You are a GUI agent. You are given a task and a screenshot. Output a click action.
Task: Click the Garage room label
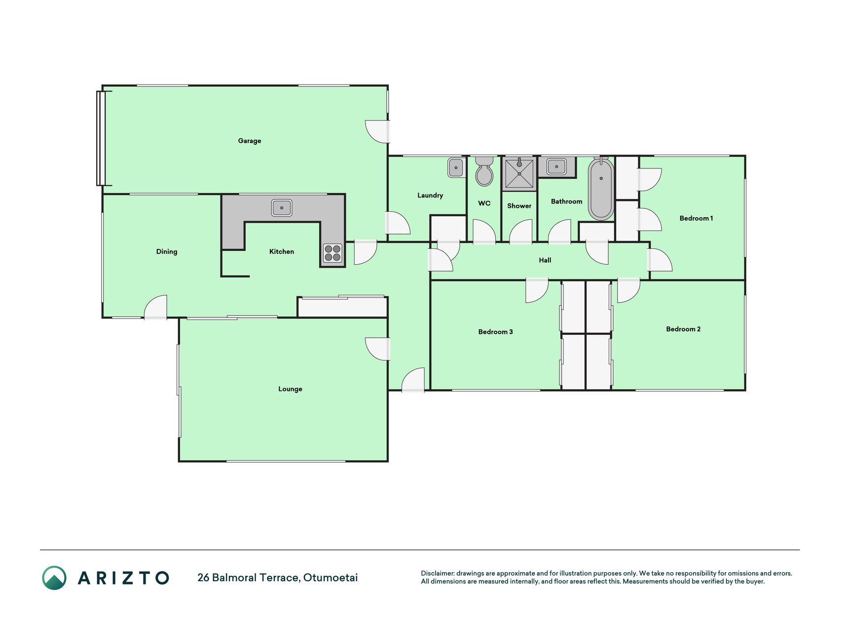[250, 141]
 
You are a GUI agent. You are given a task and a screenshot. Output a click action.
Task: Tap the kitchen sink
[282, 208]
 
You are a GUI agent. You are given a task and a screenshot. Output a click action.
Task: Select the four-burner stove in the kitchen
[332, 253]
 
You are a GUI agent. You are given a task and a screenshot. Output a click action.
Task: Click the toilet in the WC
[484, 171]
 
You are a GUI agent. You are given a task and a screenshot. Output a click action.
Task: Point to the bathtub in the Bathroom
[601, 189]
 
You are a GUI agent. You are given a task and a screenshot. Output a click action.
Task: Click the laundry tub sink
[456, 168]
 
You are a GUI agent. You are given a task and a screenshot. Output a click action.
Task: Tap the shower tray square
[519, 173]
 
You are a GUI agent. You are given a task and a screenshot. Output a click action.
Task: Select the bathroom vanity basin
[557, 167]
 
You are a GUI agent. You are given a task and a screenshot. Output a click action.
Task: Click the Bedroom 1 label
[696, 218]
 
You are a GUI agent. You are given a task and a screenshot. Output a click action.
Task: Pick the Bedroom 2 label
[683, 329]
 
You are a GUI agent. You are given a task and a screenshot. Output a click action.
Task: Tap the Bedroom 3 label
[495, 332]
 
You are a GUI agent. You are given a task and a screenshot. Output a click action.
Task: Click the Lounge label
[290, 389]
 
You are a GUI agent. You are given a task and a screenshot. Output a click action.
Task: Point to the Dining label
[167, 252]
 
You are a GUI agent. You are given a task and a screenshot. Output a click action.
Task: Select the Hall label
[545, 260]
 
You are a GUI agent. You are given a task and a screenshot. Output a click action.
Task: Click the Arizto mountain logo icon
[54, 578]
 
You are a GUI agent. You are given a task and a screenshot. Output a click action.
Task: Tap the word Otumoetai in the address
[330, 578]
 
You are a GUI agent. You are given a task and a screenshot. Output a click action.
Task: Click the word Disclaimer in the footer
[437, 573]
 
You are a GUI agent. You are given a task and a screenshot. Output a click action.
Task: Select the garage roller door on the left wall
[101, 138]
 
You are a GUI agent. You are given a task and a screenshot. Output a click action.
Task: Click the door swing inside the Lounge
[377, 349]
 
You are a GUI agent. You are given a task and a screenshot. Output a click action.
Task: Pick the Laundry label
[430, 196]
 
